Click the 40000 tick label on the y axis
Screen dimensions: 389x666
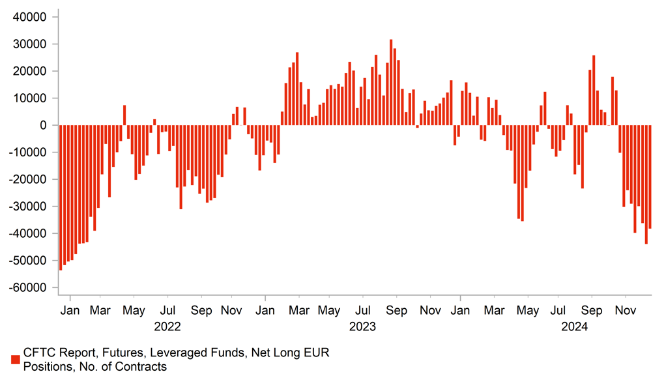(29, 17)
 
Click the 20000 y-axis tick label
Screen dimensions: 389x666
(29, 71)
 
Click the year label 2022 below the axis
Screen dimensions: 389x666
(167, 326)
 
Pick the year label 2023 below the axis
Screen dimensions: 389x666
(362, 326)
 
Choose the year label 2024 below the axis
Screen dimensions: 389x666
(574, 326)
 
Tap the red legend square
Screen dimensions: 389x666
(15, 360)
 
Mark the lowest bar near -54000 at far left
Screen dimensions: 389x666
(61, 197)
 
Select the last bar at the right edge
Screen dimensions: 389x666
(650, 177)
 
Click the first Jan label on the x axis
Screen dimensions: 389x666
(70, 310)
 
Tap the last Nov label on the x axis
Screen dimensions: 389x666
(626, 310)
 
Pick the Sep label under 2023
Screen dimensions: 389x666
(397, 310)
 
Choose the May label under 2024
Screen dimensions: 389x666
(527, 310)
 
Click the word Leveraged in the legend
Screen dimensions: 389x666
(177, 353)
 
